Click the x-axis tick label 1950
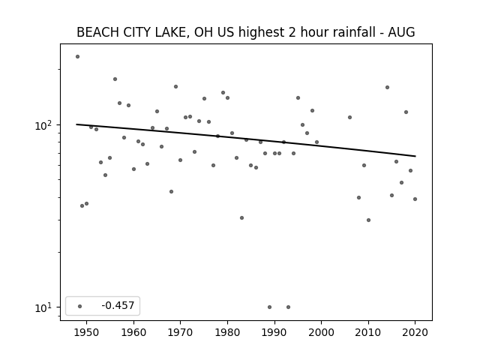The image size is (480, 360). coord(87,332)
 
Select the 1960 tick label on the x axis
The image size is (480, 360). coord(133,332)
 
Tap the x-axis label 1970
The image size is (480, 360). coord(180,332)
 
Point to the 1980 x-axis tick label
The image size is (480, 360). coord(227,332)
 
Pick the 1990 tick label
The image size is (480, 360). coord(274,332)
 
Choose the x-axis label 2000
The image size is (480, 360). coord(321,332)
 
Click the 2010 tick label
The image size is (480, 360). coord(368,332)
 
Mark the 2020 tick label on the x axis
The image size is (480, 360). coord(415,332)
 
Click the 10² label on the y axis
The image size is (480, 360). coord(43,125)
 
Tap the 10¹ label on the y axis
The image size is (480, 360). coord(43,307)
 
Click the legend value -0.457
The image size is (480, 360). coord(118,305)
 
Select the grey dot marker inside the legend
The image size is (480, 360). coord(80,306)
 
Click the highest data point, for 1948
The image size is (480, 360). coord(77,57)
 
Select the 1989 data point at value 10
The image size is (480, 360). coord(269,307)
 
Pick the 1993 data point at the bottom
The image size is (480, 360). coord(288,307)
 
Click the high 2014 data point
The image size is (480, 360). coord(387,87)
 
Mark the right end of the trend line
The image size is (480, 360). coord(415,156)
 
